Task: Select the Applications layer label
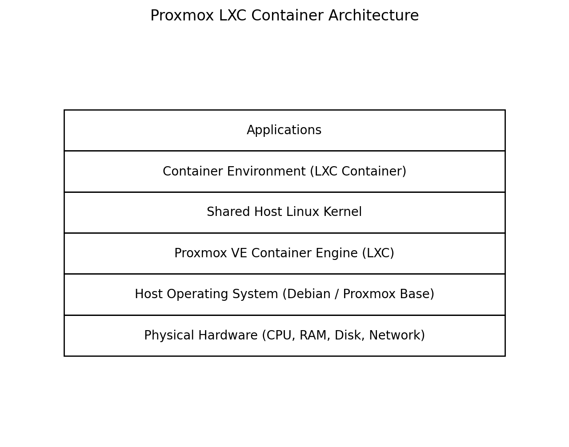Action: coord(284,130)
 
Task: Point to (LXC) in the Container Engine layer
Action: coord(378,253)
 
